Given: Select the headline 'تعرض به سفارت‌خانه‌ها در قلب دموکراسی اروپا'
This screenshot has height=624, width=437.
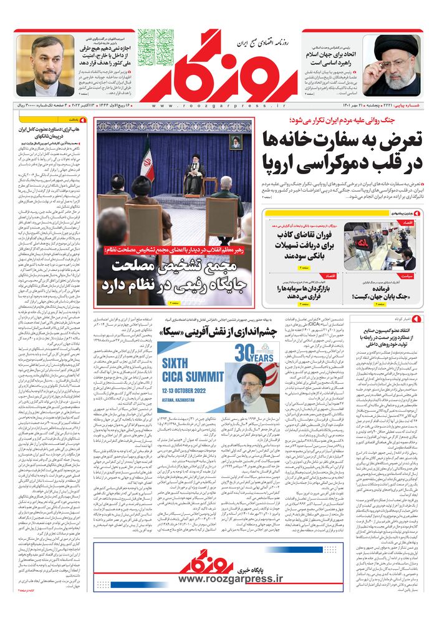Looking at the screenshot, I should click(352, 150).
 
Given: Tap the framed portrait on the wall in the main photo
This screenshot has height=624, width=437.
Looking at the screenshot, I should click(236, 142).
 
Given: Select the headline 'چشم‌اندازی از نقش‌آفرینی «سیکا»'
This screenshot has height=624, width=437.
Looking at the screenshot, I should click(212, 333).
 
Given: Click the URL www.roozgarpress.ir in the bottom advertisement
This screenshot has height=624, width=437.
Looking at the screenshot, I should click(231, 579).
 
